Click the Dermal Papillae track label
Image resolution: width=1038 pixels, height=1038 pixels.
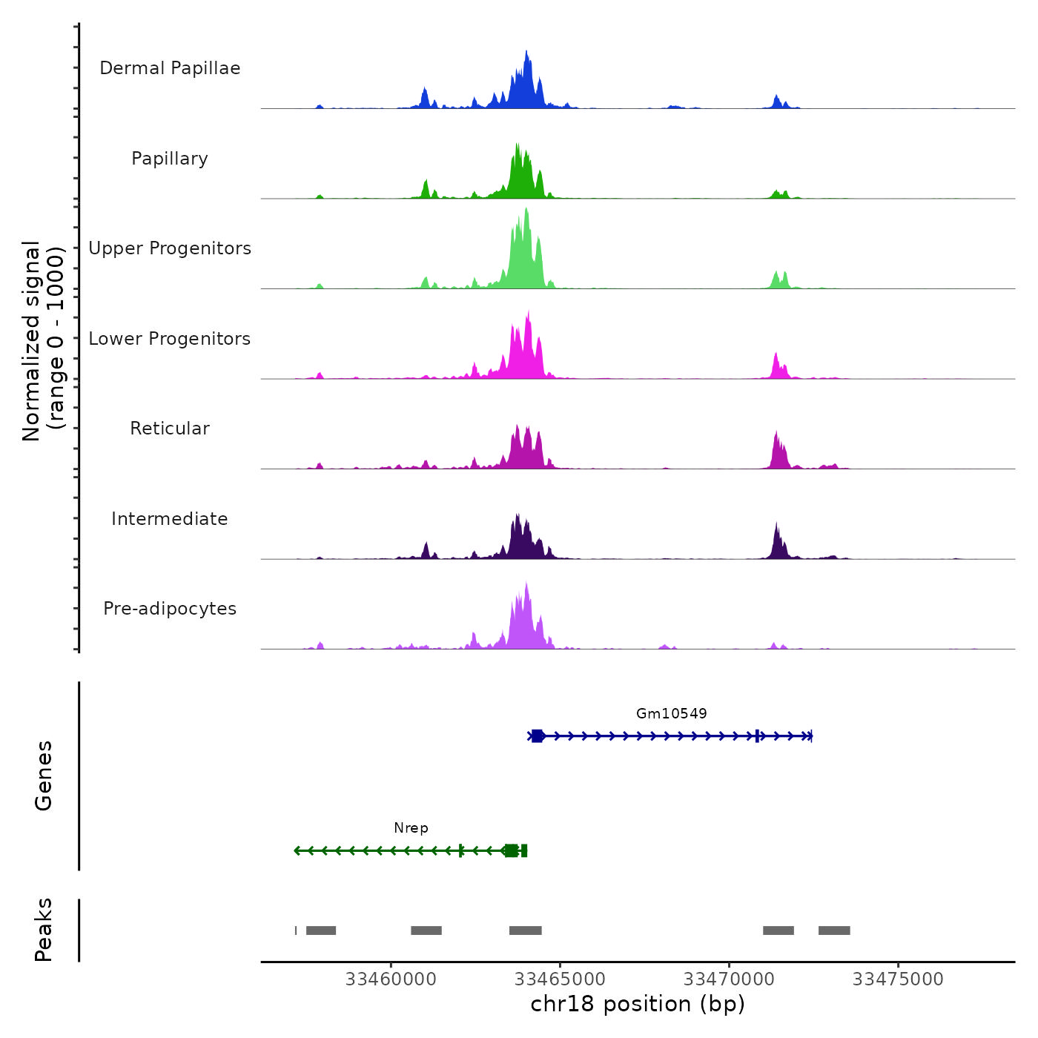tap(170, 68)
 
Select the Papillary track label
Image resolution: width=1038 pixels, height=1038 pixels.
tap(170, 159)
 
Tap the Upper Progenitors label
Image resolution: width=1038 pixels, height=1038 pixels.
tap(170, 248)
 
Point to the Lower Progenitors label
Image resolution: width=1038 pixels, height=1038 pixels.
tap(170, 339)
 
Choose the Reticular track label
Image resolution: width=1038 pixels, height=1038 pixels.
tap(170, 429)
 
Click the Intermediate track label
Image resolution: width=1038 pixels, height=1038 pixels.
tap(170, 519)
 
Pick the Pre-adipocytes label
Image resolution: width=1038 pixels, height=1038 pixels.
tap(170, 609)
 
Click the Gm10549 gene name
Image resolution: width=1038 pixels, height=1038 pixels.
tap(671, 713)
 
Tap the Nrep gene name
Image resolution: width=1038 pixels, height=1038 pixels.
tap(411, 828)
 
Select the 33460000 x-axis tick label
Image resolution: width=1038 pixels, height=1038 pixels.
tap(391, 979)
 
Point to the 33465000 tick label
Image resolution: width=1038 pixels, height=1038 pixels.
tap(560, 979)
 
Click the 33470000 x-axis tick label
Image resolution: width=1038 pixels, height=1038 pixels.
tap(729, 979)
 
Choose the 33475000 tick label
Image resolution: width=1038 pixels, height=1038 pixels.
tap(898, 979)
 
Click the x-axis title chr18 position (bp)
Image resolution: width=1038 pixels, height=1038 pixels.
tap(638, 1004)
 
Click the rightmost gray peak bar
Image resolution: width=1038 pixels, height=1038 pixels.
tap(834, 930)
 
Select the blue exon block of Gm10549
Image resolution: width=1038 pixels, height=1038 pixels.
tap(538, 736)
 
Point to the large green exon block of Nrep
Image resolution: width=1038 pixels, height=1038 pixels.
tap(511, 850)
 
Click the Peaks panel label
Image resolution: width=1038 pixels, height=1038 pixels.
tap(43, 930)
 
